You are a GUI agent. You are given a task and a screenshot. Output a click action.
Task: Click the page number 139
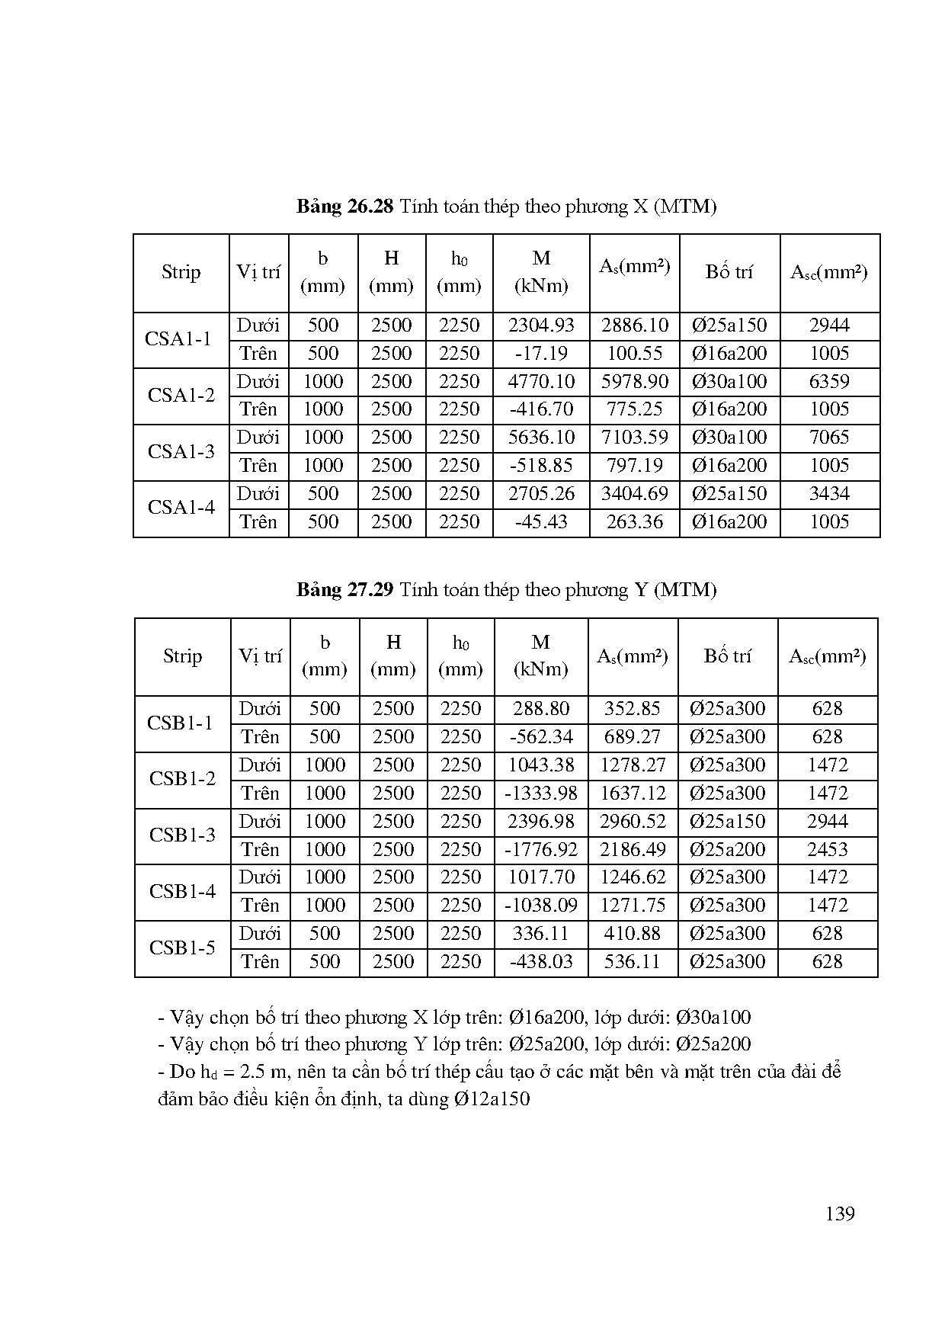(x=839, y=1214)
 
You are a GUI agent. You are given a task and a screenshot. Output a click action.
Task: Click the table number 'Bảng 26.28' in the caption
(x=344, y=207)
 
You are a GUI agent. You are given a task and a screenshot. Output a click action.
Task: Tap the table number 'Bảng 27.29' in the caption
(x=344, y=590)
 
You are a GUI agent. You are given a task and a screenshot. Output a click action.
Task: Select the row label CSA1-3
(x=181, y=451)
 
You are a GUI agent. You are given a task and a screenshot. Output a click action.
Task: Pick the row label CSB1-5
(x=182, y=947)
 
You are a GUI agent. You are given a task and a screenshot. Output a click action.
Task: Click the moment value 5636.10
(x=541, y=438)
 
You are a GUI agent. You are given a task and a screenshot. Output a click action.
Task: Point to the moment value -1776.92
(x=541, y=849)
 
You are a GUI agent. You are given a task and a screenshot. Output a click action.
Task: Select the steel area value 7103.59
(x=634, y=438)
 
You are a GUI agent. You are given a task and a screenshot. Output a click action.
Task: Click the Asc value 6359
(x=829, y=382)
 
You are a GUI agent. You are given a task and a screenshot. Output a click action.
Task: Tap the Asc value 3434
(x=829, y=494)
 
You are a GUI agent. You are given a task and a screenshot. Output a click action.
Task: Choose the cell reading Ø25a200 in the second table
(x=727, y=849)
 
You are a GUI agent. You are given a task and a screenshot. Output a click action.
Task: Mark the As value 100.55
(x=634, y=354)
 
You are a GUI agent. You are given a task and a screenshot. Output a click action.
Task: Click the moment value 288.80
(x=541, y=709)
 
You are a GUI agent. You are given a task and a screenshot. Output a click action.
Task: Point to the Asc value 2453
(x=828, y=849)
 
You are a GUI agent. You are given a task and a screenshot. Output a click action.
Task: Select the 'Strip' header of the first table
(x=181, y=272)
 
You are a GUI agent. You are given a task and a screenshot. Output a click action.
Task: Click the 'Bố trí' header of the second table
(x=727, y=656)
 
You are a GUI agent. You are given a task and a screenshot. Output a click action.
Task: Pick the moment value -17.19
(x=541, y=354)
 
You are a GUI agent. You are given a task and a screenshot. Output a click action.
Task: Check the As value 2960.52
(x=633, y=822)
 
